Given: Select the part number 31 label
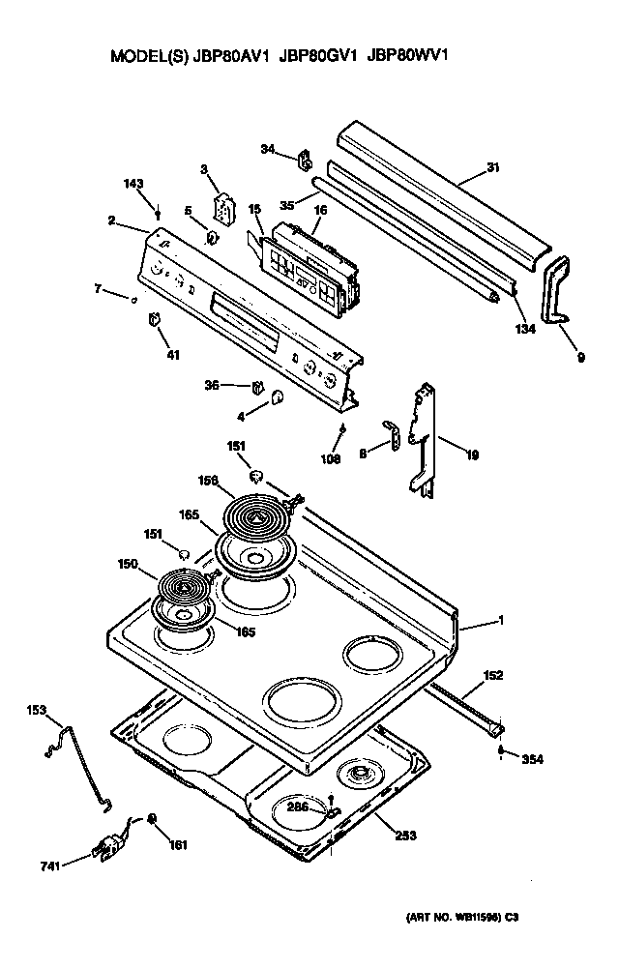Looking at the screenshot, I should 492,167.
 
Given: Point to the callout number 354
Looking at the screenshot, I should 532,760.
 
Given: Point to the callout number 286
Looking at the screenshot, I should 297,806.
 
